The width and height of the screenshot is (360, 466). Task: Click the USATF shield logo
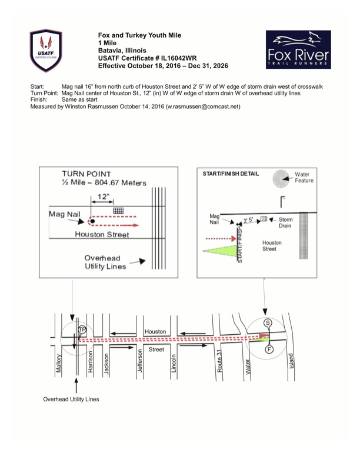(46, 51)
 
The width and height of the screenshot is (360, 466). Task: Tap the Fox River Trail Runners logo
(298, 49)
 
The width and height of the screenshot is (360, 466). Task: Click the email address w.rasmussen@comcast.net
(202, 106)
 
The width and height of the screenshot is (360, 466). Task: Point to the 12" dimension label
(104, 197)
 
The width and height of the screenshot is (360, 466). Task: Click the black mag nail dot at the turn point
(93, 221)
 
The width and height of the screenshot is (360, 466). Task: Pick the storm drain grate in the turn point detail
(118, 211)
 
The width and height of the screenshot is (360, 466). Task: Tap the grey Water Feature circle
(281, 179)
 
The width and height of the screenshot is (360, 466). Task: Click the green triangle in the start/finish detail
(220, 251)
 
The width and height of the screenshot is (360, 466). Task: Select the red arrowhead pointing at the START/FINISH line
(233, 238)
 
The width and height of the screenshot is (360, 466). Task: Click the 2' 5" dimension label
(248, 220)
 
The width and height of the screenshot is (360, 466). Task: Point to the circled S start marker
(268, 323)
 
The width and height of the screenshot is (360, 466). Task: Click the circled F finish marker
(269, 349)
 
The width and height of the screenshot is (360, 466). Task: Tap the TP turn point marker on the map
(82, 329)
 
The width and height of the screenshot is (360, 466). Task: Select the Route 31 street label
(219, 361)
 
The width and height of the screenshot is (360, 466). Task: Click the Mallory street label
(59, 363)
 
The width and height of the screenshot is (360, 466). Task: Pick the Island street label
(291, 361)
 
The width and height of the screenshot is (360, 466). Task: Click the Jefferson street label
(140, 361)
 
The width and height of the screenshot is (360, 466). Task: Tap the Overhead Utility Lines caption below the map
(71, 400)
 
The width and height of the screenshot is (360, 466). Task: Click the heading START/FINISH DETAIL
(231, 174)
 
